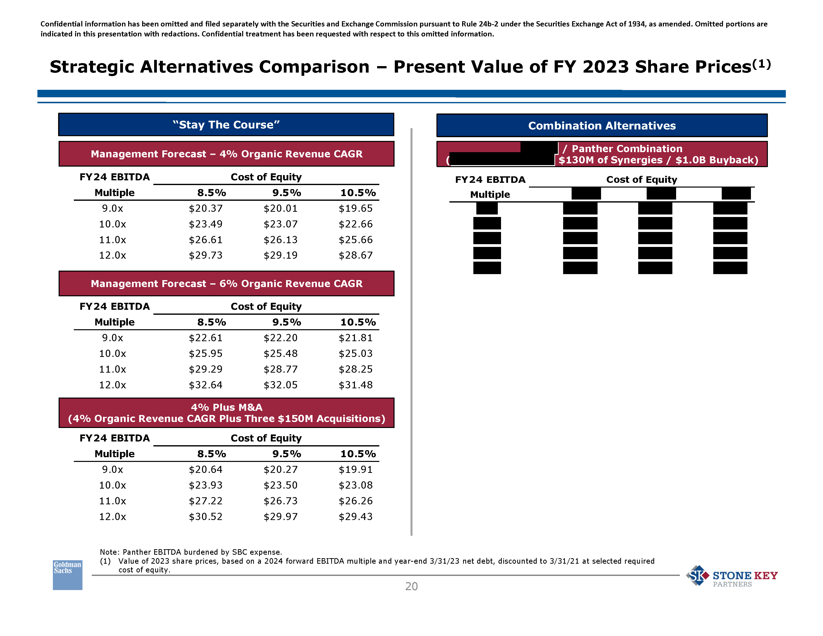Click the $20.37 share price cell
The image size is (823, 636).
point(206,208)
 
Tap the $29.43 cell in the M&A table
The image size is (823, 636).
point(355,517)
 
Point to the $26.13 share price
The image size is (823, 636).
point(281,240)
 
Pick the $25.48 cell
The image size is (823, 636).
point(281,353)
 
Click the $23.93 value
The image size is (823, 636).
point(206,485)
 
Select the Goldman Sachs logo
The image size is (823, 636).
point(67,575)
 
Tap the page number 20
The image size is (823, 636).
point(411,586)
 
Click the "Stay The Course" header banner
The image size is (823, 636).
point(226,125)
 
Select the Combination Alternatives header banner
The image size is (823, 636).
point(602,125)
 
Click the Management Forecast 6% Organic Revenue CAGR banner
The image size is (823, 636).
point(226,283)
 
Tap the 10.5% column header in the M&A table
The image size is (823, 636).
point(358,454)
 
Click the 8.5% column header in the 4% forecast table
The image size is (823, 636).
point(212,193)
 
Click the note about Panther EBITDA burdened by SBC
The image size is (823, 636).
point(191,552)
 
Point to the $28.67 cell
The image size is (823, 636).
point(355,255)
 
